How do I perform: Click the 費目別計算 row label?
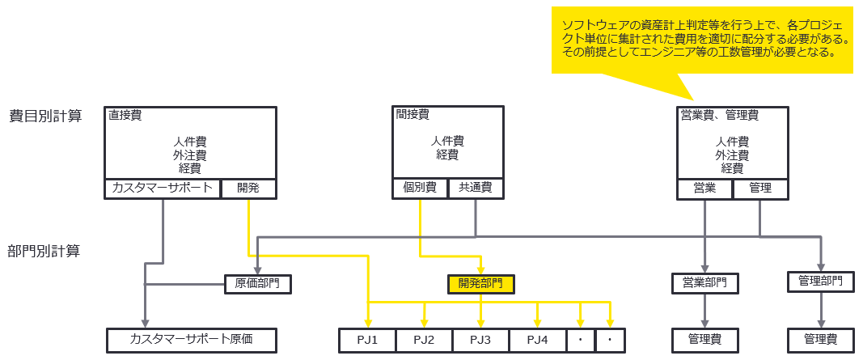[45, 116]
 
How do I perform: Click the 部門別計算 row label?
[45, 251]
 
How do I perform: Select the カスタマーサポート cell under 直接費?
[163, 188]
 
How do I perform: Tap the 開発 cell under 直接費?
[247, 188]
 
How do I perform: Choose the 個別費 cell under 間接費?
[420, 188]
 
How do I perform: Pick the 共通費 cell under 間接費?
[475, 188]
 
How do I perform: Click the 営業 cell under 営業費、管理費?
[704, 188]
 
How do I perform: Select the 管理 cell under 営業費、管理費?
[760, 188]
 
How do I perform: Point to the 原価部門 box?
[257, 284]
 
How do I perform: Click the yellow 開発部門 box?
[480, 284]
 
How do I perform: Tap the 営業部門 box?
[704, 283]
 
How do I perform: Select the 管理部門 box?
[820, 281]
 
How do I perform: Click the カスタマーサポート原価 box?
[192, 340]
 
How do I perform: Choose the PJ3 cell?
[480, 340]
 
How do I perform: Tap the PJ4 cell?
[537, 340]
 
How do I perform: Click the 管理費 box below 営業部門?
[704, 340]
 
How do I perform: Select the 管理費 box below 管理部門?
[820, 340]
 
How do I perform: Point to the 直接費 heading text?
[125, 116]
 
